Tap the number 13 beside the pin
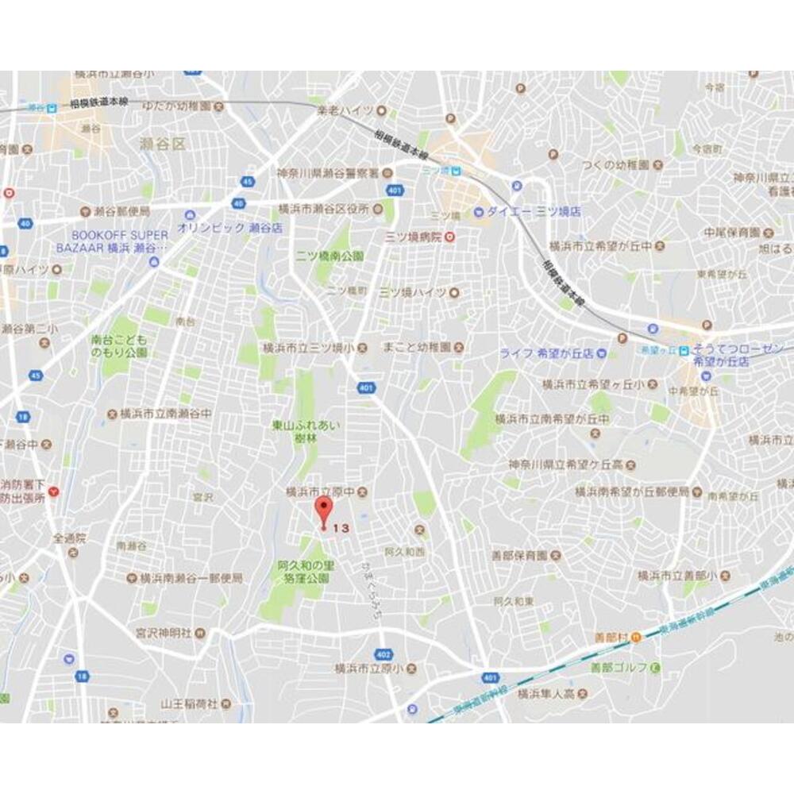coord(341,528)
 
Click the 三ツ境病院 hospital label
coord(413,236)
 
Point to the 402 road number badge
coord(384,633)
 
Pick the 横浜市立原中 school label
coord(322,492)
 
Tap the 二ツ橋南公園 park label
coord(330,256)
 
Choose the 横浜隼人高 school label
coord(545,693)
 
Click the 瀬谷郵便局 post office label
coord(122,211)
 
